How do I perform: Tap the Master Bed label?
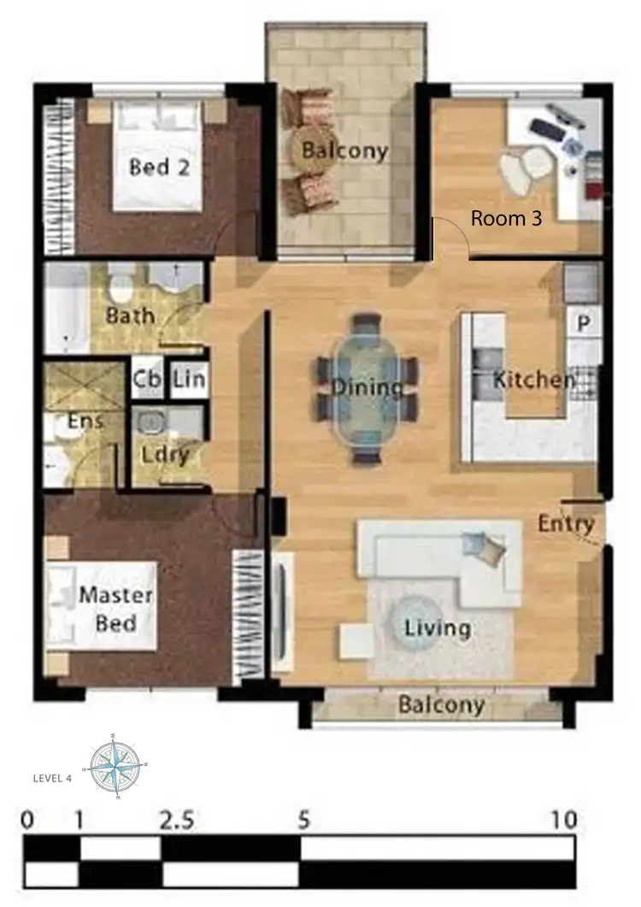point(115,609)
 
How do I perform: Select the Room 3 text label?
point(506,219)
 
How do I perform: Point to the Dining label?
point(368,388)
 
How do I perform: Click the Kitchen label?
point(533,380)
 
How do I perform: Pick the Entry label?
point(566,523)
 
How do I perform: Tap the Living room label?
point(437,629)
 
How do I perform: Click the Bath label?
point(131,315)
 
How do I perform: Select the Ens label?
point(85,421)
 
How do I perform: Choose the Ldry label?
point(166,455)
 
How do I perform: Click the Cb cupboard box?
point(144,380)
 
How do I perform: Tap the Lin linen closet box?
point(188,380)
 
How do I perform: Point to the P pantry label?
point(585,323)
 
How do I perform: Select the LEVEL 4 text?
point(52,779)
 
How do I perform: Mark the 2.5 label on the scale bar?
point(177,821)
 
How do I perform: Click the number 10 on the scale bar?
point(565,821)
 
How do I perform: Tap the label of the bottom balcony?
point(441,706)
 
